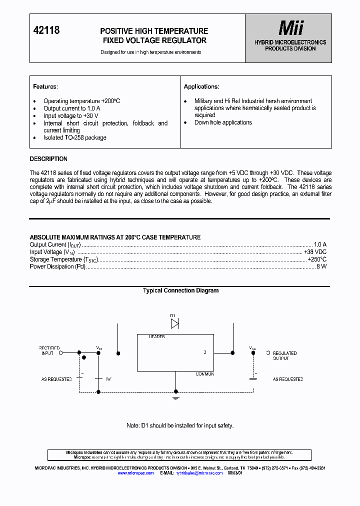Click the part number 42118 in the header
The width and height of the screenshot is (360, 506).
point(46,30)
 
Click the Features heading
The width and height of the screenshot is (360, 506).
point(45,86)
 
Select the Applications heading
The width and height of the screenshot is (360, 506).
point(201,86)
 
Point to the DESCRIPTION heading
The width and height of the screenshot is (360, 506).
point(48,159)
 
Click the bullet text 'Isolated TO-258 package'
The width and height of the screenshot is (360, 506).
point(75,137)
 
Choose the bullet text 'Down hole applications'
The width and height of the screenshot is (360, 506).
point(223,122)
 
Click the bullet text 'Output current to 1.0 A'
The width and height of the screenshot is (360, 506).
point(72,108)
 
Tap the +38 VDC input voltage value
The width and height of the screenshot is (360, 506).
point(315,252)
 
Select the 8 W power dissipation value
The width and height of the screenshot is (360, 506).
point(321,267)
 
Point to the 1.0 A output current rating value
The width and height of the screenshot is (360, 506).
point(320,244)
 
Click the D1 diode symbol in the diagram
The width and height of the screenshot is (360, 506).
point(174,323)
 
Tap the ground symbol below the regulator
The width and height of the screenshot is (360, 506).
point(175,398)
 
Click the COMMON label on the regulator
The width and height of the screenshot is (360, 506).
point(204,374)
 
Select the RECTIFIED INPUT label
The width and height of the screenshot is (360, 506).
point(49,350)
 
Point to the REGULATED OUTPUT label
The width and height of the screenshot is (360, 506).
point(284,355)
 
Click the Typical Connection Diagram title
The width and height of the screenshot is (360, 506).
point(180,290)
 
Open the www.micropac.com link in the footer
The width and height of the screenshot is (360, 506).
point(135,472)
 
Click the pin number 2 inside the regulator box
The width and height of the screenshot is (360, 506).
point(205,352)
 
